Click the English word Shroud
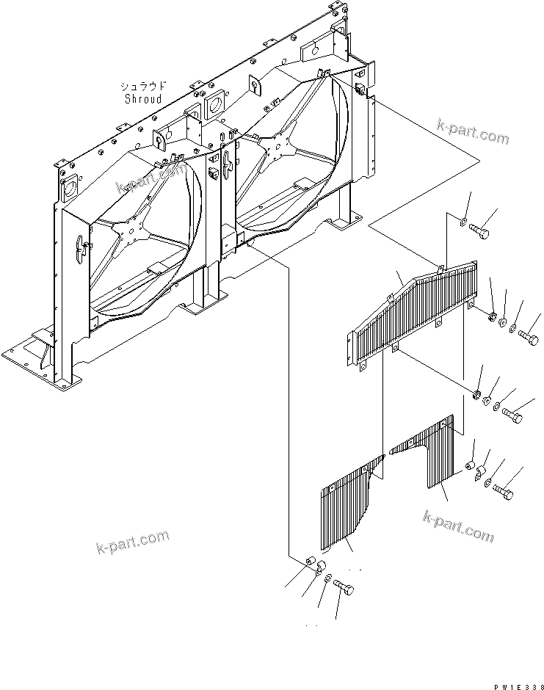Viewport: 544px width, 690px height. tap(143, 98)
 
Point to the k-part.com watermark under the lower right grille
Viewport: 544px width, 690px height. tap(458, 526)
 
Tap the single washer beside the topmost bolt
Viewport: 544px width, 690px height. tap(464, 221)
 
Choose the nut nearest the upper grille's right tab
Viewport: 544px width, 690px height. tap(490, 316)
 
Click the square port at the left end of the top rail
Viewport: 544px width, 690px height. tap(70, 186)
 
